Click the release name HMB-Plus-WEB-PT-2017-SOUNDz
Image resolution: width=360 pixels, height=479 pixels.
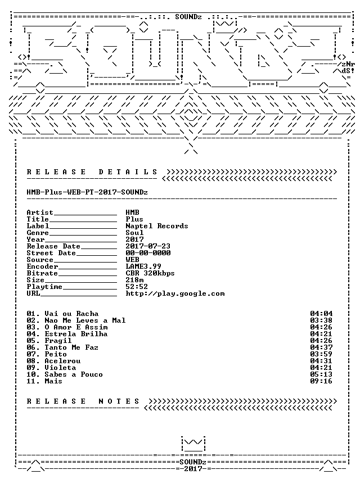pos(87,192)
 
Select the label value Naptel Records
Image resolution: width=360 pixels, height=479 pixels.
pos(157,226)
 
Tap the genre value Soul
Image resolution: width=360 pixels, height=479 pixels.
pos(134,233)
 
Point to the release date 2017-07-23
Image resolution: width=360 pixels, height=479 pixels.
pos(148,246)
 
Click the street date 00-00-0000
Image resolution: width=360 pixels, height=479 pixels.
pos(148,253)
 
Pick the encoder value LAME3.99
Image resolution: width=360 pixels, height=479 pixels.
pos(143,266)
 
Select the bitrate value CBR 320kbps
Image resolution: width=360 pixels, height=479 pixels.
pos(150,273)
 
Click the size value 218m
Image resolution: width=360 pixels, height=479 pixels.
pos(134,280)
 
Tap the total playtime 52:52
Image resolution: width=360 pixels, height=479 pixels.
pos(137,287)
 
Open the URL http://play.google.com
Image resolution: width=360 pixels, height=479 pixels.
pos(175,293)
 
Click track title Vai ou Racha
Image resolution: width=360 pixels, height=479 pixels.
pos(71,314)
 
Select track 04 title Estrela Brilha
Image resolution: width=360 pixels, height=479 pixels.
pos(76,334)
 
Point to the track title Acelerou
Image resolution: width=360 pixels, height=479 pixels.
pos(62,361)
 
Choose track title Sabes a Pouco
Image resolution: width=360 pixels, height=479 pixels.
pos(74,374)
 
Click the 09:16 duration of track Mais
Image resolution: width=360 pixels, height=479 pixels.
pos(321,381)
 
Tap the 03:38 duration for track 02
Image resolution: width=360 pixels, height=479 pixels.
pos(321,320)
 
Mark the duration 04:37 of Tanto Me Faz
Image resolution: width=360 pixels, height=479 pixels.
pos(321,347)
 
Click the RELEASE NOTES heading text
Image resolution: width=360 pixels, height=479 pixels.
pos(83,401)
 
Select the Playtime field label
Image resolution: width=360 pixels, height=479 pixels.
pos(44,287)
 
